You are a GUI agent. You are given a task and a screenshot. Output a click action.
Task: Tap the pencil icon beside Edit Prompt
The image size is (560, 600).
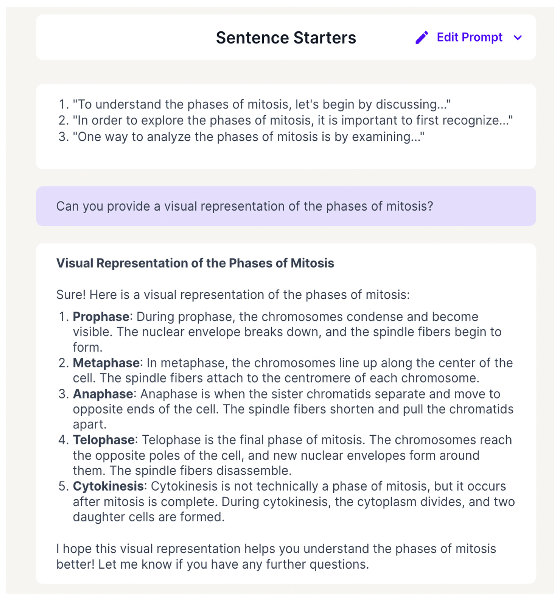(422, 38)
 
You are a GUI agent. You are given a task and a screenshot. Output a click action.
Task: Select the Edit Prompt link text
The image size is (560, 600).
(469, 37)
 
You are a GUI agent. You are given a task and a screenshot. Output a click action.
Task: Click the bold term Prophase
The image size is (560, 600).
(101, 317)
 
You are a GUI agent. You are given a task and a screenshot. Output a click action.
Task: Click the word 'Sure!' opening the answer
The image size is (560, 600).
(71, 295)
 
